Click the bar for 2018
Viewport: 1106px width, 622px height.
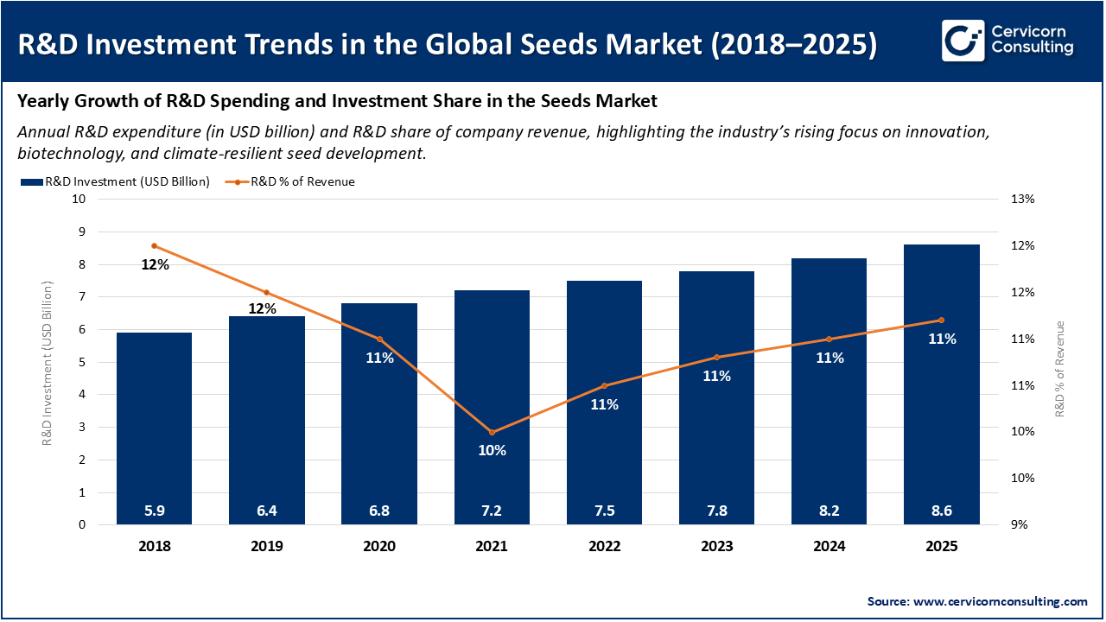(154, 428)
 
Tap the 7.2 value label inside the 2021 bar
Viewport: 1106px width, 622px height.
(492, 511)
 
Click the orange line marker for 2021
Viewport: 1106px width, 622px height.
(492, 432)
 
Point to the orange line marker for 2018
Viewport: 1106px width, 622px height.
(155, 246)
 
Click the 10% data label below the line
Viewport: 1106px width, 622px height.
(492, 450)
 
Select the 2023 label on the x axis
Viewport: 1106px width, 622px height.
(716, 546)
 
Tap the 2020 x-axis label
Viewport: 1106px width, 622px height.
(379, 546)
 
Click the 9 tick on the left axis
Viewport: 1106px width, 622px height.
(82, 232)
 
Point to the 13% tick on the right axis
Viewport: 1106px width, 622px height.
(1022, 200)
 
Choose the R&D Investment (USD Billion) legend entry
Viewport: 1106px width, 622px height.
(115, 181)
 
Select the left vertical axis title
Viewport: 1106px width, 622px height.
(48, 363)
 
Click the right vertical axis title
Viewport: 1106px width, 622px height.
(1059, 370)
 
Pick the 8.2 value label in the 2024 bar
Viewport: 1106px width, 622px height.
(829, 511)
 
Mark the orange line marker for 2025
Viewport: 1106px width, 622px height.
(941, 321)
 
